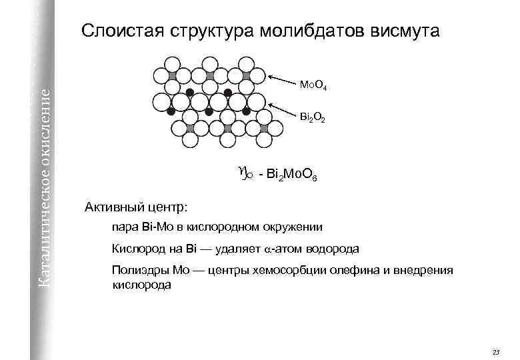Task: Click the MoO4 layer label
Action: click(x=312, y=85)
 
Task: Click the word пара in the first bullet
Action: click(x=125, y=227)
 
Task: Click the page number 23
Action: click(x=495, y=351)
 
